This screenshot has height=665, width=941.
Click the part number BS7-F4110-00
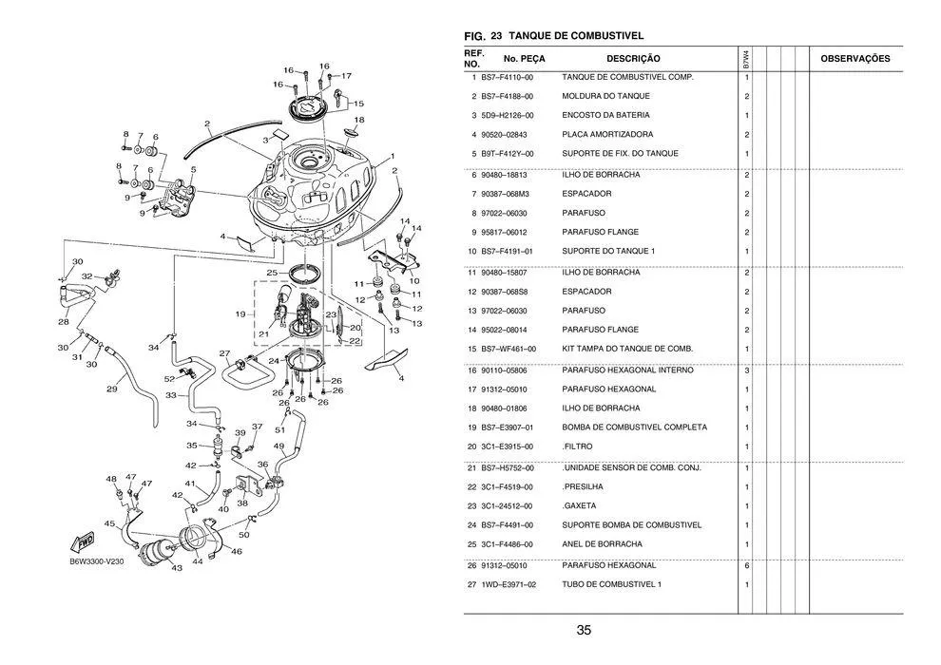click(508, 77)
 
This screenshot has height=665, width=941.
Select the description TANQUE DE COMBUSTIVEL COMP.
click(627, 77)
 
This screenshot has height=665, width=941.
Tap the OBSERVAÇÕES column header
click(855, 59)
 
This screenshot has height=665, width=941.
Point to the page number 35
click(584, 630)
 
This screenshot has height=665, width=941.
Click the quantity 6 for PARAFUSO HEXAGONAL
click(747, 565)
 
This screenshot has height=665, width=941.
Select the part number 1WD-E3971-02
click(508, 584)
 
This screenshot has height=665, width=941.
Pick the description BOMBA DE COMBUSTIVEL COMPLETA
click(634, 427)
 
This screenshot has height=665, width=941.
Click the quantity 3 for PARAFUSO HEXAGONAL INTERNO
click(747, 370)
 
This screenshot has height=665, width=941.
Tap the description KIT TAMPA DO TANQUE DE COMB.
click(627, 349)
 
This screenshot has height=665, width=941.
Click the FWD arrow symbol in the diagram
click(81, 541)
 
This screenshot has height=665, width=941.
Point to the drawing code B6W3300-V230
click(96, 560)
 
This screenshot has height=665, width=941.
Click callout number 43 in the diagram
click(177, 568)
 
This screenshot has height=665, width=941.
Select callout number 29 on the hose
click(111, 389)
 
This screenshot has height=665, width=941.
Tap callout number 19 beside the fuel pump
click(240, 313)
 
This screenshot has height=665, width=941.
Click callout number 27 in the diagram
click(224, 353)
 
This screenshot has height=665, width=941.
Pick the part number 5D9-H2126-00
click(508, 116)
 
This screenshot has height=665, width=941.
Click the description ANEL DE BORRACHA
click(602, 544)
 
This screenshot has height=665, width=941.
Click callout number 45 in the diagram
click(109, 523)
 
